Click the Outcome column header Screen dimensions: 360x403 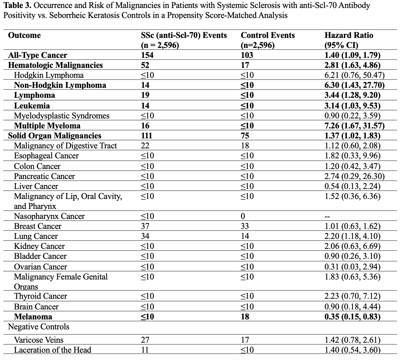tap(24, 36)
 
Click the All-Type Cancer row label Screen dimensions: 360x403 tap(38, 55)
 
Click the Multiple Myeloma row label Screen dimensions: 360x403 tap(47, 126)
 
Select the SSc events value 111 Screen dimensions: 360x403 tap(146, 136)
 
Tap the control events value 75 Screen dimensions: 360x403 tap(245, 136)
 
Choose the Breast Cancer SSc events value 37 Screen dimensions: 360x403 tap(145, 226)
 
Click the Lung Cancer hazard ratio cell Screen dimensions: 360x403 tap(352, 236)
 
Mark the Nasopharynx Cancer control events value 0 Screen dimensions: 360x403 tap(243, 216)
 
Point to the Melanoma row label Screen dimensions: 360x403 tap(33, 317)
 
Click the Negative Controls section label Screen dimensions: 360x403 tap(39, 327)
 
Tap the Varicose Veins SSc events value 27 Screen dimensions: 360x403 tap(145, 340)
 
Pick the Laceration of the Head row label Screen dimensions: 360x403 tap(52, 350)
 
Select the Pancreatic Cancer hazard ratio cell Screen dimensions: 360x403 tap(354, 176)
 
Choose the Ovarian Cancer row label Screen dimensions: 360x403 tap(40, 267)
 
